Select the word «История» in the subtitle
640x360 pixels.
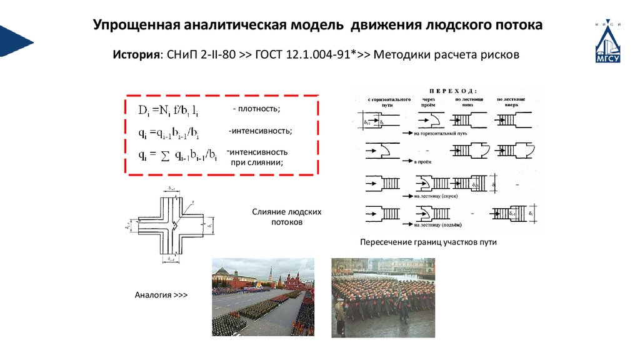click(x=135, y=54)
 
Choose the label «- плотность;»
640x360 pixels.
click(x=256, y=109)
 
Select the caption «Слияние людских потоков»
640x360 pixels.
click(x=287, y=217)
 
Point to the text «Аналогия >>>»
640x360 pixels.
click(x=161, y=294)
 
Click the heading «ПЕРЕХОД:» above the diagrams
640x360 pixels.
click(x=449, y=90)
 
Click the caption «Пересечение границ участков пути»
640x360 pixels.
click(x=428, y=242)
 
